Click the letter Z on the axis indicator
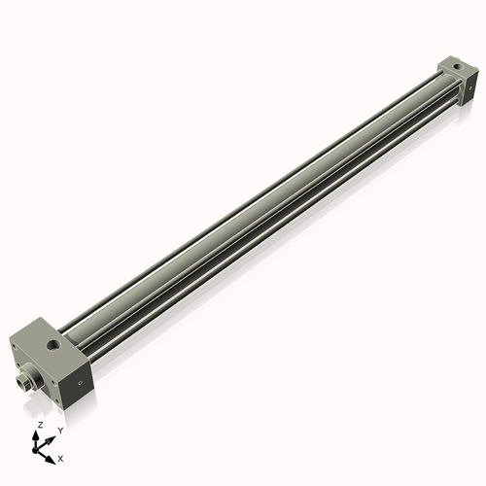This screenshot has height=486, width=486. point(39,426)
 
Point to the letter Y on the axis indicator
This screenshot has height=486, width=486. point(59,429)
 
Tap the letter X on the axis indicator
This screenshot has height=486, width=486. point(61,457)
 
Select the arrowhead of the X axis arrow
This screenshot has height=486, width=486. point(52,454)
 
